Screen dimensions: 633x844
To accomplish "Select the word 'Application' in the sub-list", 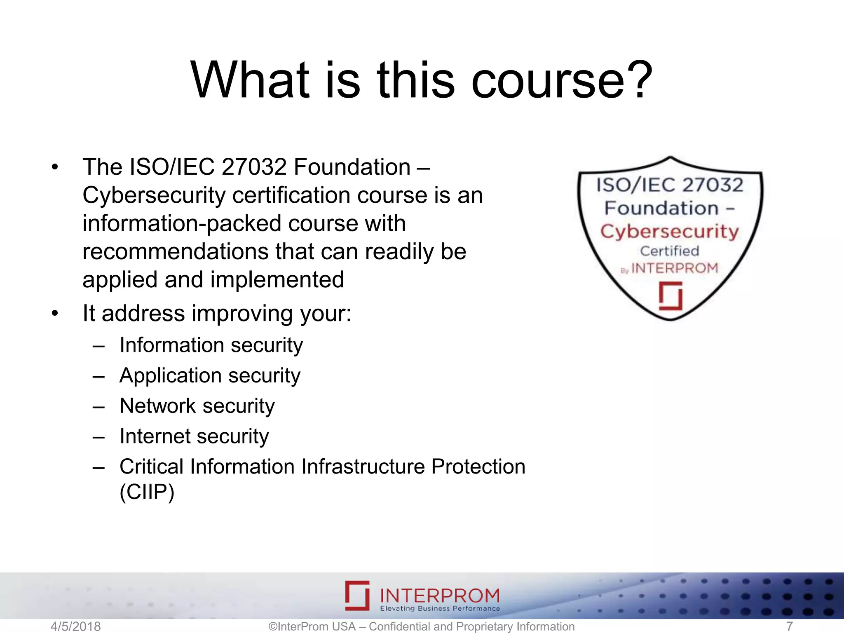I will pos(171,376).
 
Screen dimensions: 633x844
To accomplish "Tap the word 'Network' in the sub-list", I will pos(157,406).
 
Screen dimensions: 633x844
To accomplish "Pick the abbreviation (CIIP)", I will pos(147,492).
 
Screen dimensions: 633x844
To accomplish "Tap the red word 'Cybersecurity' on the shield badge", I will pos(670,232).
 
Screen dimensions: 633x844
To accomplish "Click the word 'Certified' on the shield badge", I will pos(670,251).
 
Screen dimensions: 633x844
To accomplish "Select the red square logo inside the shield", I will pos(671,296).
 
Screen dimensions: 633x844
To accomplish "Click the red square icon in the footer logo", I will pos(357,595).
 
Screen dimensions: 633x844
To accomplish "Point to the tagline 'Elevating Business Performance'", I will pos(440,609).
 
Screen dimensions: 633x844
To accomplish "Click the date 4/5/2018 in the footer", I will pos(75,626).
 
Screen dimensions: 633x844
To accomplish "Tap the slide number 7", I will pos(789,626).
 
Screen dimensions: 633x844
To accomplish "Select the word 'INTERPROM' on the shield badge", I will pos(675,268).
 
